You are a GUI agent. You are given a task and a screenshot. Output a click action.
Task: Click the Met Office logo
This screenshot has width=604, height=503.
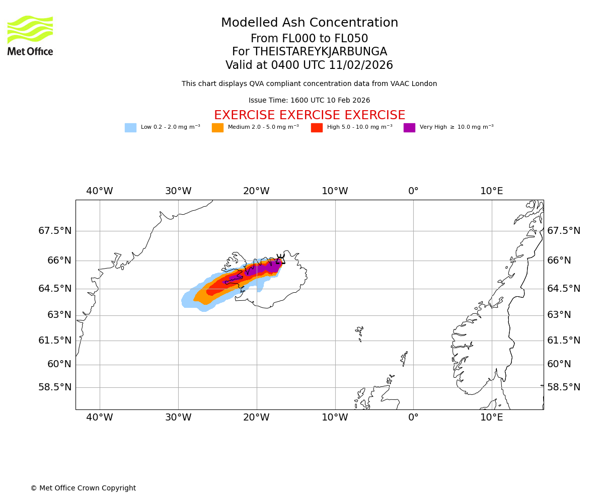click(30, 35)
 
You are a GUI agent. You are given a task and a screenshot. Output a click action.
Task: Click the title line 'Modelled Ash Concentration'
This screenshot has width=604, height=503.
click(310, 23)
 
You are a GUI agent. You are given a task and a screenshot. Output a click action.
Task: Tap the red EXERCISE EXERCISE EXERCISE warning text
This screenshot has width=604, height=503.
click(310, 115)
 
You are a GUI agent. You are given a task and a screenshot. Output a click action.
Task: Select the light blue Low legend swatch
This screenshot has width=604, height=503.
click(130, 128)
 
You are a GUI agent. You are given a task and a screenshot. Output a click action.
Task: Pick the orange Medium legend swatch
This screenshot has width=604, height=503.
click(217, 128)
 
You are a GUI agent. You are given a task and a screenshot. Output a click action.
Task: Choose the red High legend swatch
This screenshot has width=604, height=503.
click(317, 128)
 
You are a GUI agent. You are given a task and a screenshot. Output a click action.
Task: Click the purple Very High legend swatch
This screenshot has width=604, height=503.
click(409, 128)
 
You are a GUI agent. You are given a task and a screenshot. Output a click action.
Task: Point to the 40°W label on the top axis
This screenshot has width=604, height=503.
click(100, 191)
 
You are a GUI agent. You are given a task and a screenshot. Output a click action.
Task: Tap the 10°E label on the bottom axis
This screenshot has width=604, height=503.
click(492, 417)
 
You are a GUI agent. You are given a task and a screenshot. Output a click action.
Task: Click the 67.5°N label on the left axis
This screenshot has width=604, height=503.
click(55, 231)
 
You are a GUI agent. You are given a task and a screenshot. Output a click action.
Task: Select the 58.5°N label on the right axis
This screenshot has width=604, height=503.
click(564, 387)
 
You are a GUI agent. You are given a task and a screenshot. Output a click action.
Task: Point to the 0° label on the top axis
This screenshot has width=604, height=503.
click(413, 191)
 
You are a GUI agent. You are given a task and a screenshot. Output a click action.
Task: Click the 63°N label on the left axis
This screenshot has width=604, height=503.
click(59, 315)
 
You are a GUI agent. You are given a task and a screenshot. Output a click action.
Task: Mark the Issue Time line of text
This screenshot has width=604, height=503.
click(310, 101)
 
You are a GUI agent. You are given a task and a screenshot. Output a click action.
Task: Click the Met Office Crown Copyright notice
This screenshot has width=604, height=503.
click(83, 488)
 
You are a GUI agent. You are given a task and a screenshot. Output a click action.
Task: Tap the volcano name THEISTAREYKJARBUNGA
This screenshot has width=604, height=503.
click(320, 52)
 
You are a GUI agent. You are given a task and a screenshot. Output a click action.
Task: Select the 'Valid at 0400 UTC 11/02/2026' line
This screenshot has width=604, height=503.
click(310, 65)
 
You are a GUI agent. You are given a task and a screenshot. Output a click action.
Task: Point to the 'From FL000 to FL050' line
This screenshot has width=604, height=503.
click(310, 39)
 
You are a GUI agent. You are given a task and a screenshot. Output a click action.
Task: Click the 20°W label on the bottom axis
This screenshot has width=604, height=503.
click(256, 417)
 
